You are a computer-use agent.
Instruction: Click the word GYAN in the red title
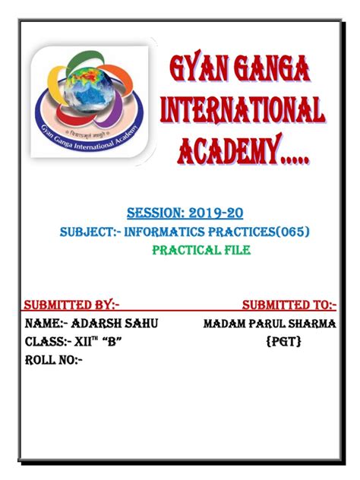[x=198, y=74]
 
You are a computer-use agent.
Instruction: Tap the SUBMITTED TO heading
[x=289, y=305]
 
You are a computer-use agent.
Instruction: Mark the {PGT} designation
[x=284, y=343]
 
